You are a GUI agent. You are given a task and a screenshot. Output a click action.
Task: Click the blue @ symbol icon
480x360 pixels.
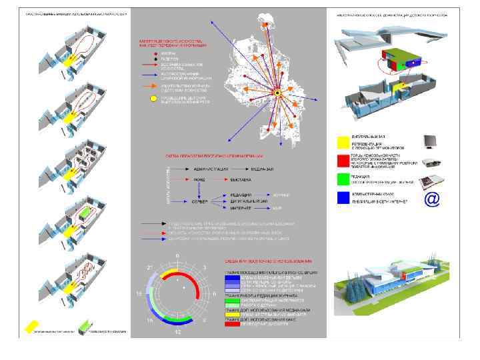(433, 199)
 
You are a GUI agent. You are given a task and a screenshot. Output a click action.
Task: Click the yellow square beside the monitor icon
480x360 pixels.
(343, 141)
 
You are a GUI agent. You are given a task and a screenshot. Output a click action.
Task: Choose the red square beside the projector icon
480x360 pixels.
(343, 161)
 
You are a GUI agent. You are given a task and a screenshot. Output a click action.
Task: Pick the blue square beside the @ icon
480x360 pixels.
(343, 198)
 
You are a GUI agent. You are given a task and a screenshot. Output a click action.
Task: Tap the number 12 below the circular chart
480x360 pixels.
(177, 331)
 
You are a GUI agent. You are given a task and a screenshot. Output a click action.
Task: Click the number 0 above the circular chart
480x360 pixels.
(177, 256)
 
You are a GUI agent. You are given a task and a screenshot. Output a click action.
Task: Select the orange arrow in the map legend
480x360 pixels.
(152, 86)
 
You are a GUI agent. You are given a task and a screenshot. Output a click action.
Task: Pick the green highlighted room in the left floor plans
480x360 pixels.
(84, 213)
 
